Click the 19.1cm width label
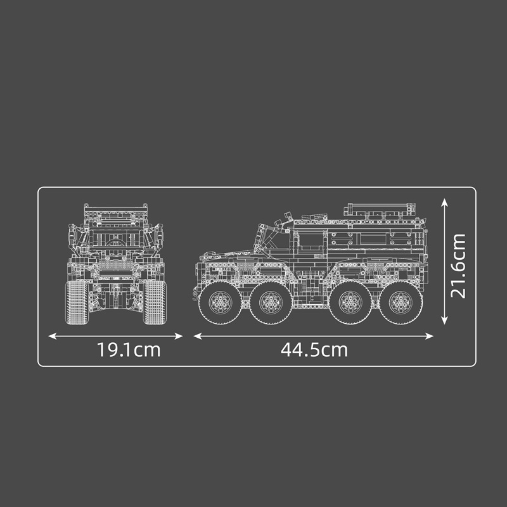[129, 349]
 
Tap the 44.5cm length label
[314, 349]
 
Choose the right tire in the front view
[155, 302]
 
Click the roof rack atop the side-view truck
[380, 209]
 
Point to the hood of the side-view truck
[225, 255]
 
